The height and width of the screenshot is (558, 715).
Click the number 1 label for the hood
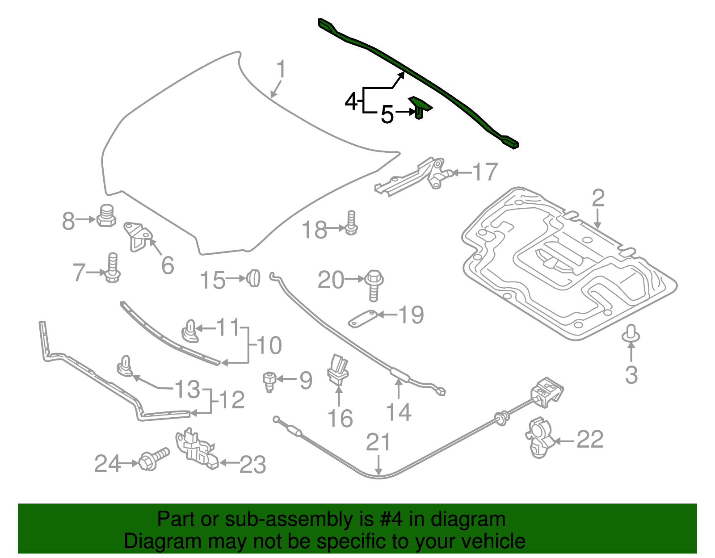(x=281, y=70)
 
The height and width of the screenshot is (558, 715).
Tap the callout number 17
(x=485, y=172)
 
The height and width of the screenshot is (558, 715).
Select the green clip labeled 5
(x=420, y=107)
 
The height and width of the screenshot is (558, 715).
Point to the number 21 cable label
(x=378, y=442)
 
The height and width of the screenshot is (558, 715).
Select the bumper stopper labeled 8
(x=106, y=215)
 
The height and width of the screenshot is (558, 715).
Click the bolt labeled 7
(x=112, y=268)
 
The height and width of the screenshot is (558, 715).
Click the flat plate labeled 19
(x=363, y=318)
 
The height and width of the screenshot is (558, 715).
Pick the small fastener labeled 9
(x=269, y=381)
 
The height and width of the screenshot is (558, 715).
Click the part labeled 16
(x=338, y=369)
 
